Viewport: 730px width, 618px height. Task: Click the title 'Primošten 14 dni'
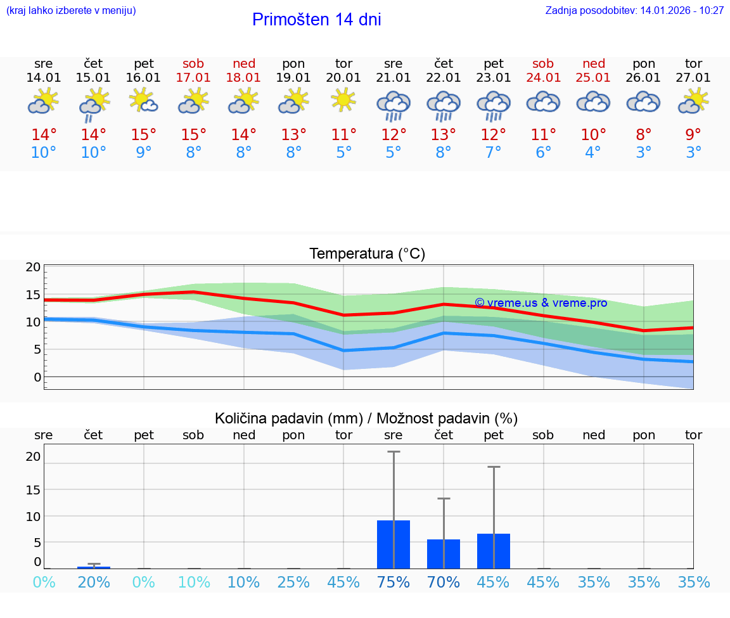(316, 20)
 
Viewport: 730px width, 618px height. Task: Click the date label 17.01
(194, 77)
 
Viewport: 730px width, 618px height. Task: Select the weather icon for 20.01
(343, 101)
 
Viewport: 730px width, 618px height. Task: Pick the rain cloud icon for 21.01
(394, 105)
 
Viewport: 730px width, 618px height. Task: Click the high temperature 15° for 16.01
(144, 135)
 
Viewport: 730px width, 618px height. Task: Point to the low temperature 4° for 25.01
(593, 153)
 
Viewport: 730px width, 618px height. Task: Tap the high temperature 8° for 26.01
(644, 135)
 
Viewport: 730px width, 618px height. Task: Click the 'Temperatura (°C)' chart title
(367, 254)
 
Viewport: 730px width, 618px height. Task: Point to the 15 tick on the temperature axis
(34, 295)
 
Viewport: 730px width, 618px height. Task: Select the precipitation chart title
(366, 418)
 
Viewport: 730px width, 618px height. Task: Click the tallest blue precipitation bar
(394, 544)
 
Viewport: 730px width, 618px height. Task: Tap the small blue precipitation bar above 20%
(94, 567)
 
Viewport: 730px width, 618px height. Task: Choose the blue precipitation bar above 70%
(444, 554)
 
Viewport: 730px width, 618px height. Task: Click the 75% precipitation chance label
(394, 583)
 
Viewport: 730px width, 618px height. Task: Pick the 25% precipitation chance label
(293, 583)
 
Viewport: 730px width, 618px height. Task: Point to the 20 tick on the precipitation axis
(34, 456)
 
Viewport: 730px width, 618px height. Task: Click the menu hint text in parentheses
(71, 10)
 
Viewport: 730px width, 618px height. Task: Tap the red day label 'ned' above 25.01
(594, 63)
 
